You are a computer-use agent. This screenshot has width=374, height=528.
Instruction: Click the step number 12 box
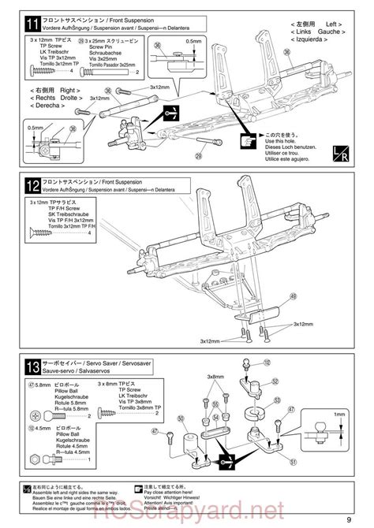32,187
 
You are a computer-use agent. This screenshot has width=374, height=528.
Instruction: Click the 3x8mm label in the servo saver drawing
215,377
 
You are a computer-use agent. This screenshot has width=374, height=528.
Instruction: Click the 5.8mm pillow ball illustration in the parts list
39,416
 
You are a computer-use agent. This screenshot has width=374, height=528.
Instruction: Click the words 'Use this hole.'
282,142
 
